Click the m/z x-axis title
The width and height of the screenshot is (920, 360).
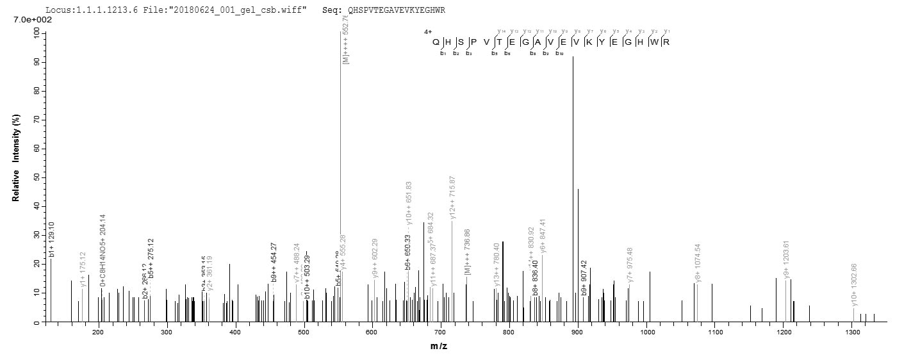[x=439, y=346]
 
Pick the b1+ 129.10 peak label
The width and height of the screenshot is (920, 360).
[x=52, y=238]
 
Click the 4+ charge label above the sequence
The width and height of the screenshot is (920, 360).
[x=427, y=31]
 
